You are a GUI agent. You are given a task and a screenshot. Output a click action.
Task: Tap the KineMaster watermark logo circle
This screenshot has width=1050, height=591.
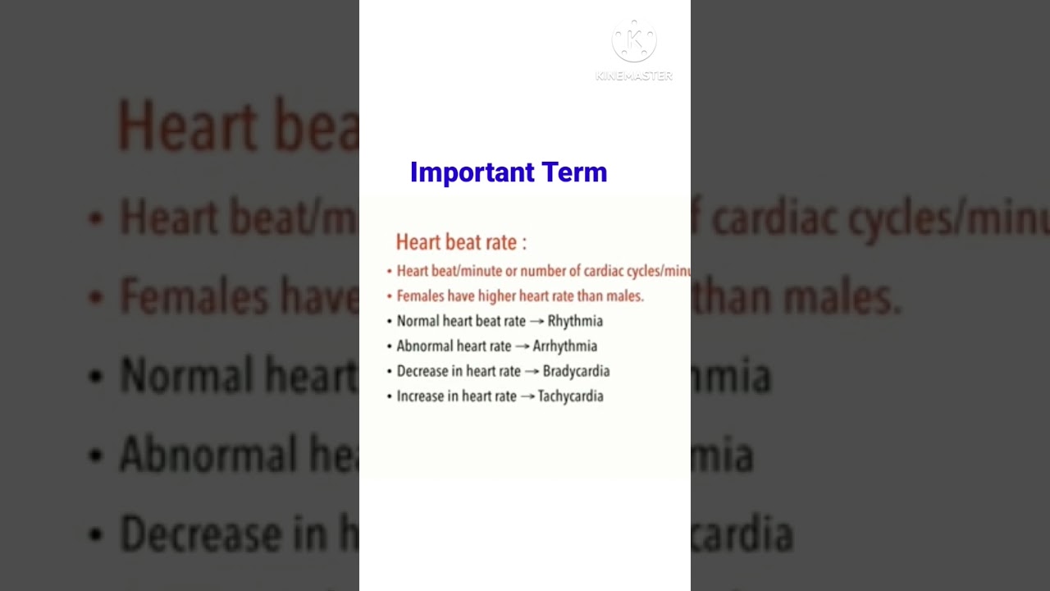coord(634,42)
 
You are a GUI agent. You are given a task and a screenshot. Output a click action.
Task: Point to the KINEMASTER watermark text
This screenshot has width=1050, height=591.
coord(634,76)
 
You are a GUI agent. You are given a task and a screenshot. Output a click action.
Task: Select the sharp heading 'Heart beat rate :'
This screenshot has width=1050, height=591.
coord(461,242)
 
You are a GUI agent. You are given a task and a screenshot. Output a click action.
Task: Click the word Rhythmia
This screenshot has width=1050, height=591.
coord(575,321)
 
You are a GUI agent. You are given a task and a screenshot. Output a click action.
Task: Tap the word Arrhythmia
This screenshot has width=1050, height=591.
coord(564,346)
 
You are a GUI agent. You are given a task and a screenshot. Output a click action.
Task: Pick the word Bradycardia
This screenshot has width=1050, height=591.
coord(576,371)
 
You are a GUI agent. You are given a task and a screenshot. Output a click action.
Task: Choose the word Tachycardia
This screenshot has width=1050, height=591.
coord(570,396)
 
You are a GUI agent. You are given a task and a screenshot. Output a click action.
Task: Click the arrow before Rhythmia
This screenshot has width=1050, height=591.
coord(537,322)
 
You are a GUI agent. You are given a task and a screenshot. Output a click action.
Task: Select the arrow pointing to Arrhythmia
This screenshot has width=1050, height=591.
coord(523,346)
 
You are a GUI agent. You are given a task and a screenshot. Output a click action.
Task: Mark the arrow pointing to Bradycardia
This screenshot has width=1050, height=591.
coord(532,372)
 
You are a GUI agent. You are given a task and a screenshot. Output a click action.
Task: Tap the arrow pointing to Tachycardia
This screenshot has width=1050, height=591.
coord(527,396)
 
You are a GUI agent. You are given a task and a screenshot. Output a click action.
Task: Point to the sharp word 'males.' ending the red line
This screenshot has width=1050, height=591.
coord(625,296)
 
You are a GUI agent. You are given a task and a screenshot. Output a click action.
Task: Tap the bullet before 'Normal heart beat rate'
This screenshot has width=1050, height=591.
coord(390,322)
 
